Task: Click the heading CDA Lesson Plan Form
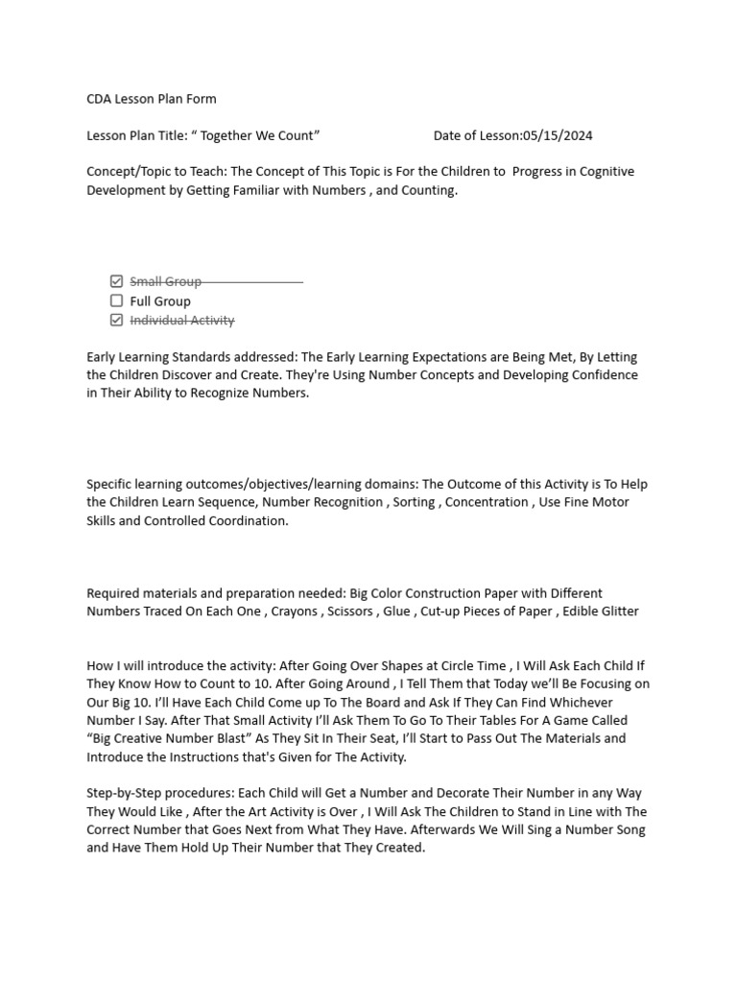point(152,99)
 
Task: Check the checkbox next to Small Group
point(117,281)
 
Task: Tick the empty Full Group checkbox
point(117,300)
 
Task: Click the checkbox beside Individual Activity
point(117,320)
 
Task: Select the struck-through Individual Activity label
point(182,321)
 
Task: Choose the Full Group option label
point(160,301)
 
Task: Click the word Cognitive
point(603,172)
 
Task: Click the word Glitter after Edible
point(616,611)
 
